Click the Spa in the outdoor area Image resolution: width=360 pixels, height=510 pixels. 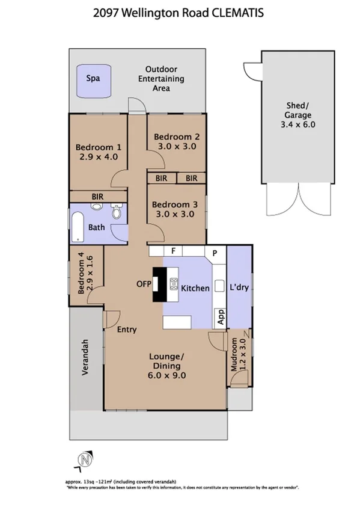point(93,79)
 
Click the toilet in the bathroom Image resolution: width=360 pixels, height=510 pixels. point(117,212)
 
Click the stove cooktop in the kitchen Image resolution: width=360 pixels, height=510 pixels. point(174,284)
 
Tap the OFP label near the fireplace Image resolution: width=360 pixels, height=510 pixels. point(143,284)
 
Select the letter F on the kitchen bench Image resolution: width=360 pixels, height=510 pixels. point(172,251)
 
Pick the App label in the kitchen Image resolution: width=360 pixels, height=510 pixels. point(220,317)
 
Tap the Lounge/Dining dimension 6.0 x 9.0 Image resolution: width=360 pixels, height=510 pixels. point(168,375)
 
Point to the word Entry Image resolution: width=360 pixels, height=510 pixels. point(127,329)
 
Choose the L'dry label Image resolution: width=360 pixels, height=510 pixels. point(239,288)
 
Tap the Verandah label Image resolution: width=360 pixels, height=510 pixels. point(85,358)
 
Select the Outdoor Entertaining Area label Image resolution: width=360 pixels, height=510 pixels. point(161,79)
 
